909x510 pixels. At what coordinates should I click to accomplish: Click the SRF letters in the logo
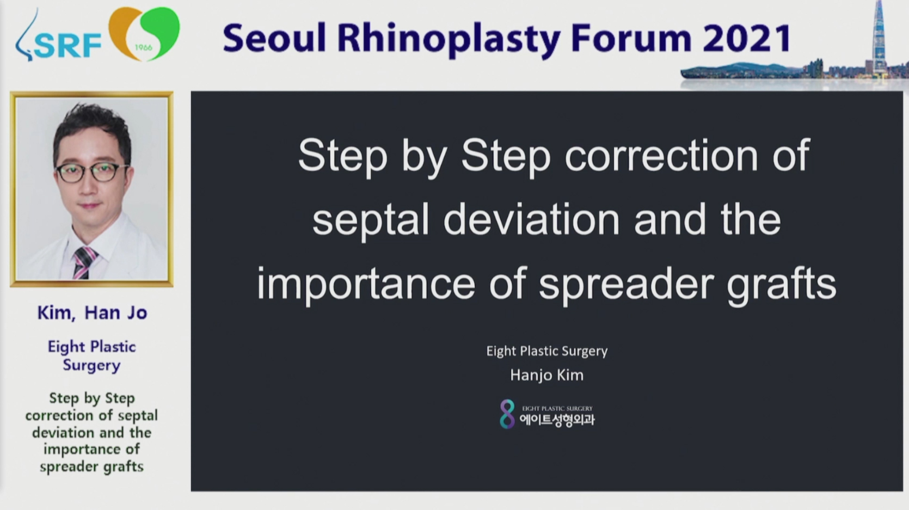click(x=68, y=46)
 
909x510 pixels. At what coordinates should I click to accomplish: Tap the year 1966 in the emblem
click(x=143, y=47)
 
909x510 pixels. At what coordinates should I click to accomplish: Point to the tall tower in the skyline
click(x=880, y=39)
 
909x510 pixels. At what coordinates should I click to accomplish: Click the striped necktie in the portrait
click(x=84, y=263)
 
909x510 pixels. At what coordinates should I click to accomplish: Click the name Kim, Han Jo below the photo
click(x=92, y=313)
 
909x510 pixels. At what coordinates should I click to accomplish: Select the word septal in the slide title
click(x=371, y=222)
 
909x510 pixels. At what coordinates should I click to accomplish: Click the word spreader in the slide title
click(x=626, y=285)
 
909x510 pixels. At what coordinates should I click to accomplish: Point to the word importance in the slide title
click(x=366, y=285)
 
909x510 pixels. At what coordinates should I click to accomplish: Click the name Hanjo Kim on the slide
click(x=546, y=376)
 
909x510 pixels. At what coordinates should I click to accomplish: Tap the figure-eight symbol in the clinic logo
click(x=507, y=414)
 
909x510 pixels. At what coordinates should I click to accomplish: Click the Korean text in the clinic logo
click(x=557, y=420)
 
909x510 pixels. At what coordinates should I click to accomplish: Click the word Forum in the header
click(x=629, y=39)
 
